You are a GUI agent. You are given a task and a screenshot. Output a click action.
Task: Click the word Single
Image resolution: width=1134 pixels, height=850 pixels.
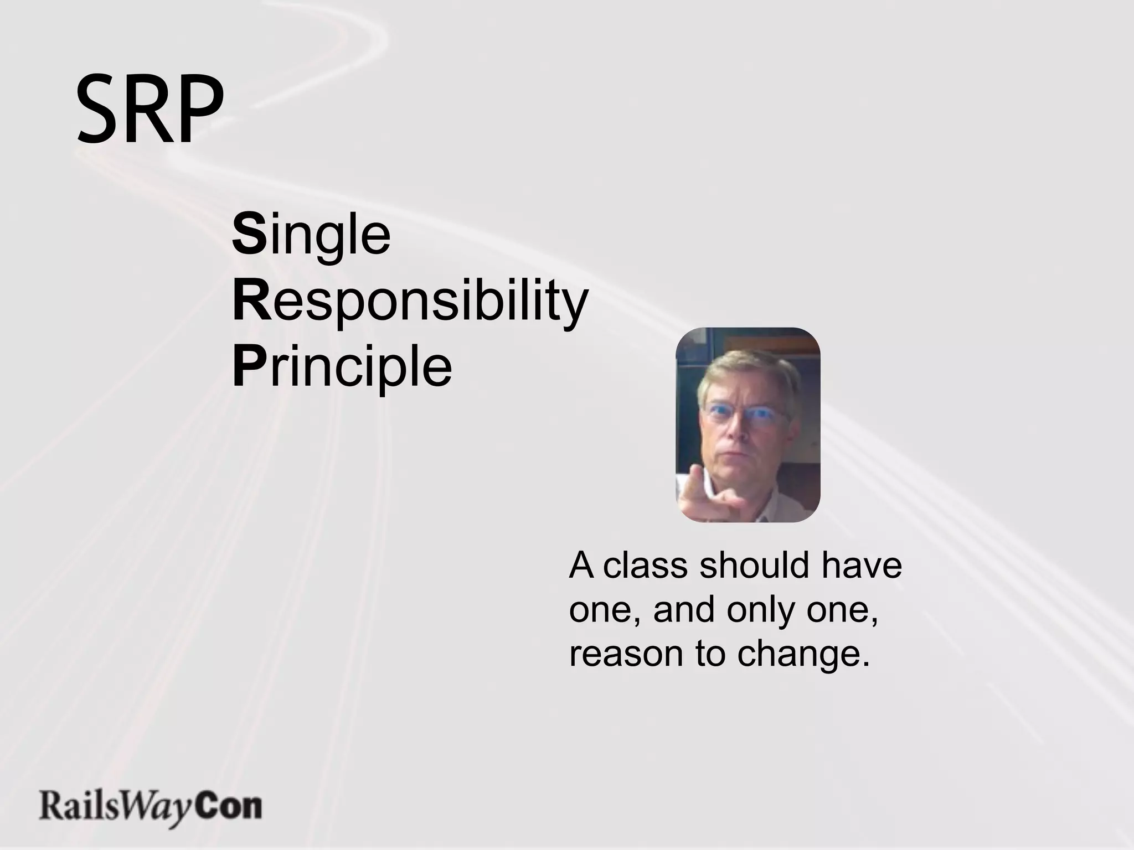pyautogui.click(x=311, y=235)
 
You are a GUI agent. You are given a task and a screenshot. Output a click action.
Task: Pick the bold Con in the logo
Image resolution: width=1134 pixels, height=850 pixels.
pyautogui.click(x=229, y=807)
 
